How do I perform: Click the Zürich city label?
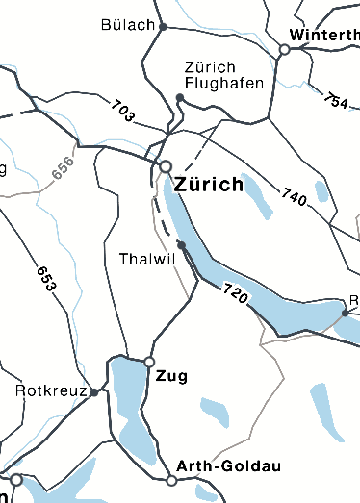(209, 185)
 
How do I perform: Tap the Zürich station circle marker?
(166, 167)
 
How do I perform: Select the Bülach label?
(127, 24)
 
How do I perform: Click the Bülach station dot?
(163, 27)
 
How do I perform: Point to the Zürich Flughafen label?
(223, 75)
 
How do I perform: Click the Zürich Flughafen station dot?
(180, 97)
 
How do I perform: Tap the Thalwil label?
(146, 260)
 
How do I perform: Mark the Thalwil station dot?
(181, 245)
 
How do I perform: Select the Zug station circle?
(149, 362)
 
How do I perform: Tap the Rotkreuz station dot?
(94, 392)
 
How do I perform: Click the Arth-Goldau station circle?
(171, 480)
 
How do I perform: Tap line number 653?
(45, 278)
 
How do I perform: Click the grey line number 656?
(63, 169)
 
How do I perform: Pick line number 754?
(336, 99)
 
